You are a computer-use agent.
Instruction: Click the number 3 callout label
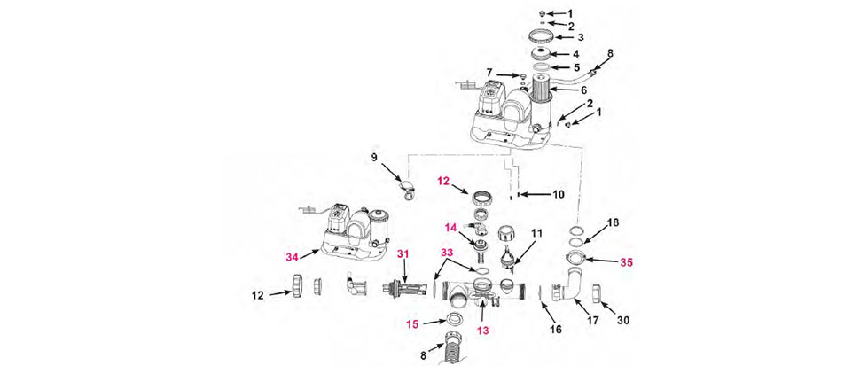pyautogui.click(x=580, y=38)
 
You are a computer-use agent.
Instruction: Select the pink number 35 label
pyautogui.click(x=626, y=262)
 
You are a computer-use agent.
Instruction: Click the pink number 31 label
pyautogui.click(x=403, y=254)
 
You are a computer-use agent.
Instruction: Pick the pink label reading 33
pyautogui.click(x=447, y=253)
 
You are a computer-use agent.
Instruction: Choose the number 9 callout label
pyautogui.click(x=374, y=157)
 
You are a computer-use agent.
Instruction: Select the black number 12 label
pyautogui.click(x=258, y=296)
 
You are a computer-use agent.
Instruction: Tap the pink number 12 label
pyautogui.click(x=443, y=180)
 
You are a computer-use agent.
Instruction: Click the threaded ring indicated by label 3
pyautogui.click(x=542, y=37)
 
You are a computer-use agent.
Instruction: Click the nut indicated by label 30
pyautogui.click(x=596, y=293)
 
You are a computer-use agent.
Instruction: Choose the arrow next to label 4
pyautogui.click(x=561, y=54)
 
